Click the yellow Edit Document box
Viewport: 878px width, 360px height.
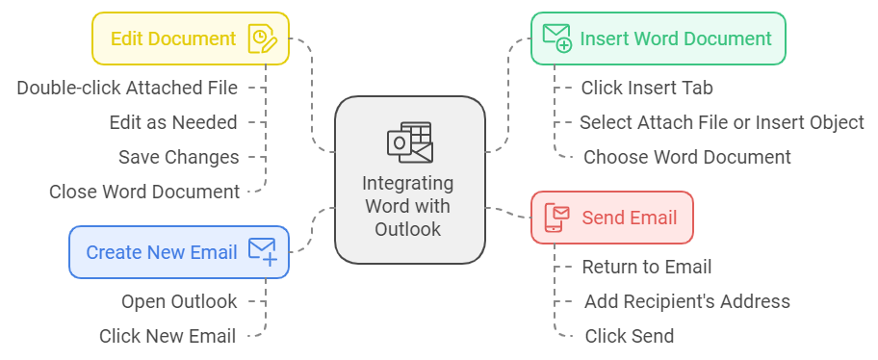190,39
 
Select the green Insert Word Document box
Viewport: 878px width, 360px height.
658,39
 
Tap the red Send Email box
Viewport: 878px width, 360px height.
611,218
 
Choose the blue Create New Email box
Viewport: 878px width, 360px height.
178,252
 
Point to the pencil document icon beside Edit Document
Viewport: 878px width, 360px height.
262,39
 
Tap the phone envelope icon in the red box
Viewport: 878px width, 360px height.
556,218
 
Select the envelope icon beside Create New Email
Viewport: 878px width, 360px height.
262,252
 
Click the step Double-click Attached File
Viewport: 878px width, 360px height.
127,88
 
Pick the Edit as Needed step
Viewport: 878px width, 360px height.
173,122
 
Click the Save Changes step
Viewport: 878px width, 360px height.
178,157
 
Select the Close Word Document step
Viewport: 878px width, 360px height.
144,192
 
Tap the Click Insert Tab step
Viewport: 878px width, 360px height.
646,88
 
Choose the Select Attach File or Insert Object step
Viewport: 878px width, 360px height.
721,122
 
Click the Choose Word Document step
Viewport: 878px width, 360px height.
686,157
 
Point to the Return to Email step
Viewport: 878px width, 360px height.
647,267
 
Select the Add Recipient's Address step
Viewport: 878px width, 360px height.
686,301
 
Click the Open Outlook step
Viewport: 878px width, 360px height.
179,301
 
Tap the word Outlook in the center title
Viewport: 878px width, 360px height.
409,229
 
